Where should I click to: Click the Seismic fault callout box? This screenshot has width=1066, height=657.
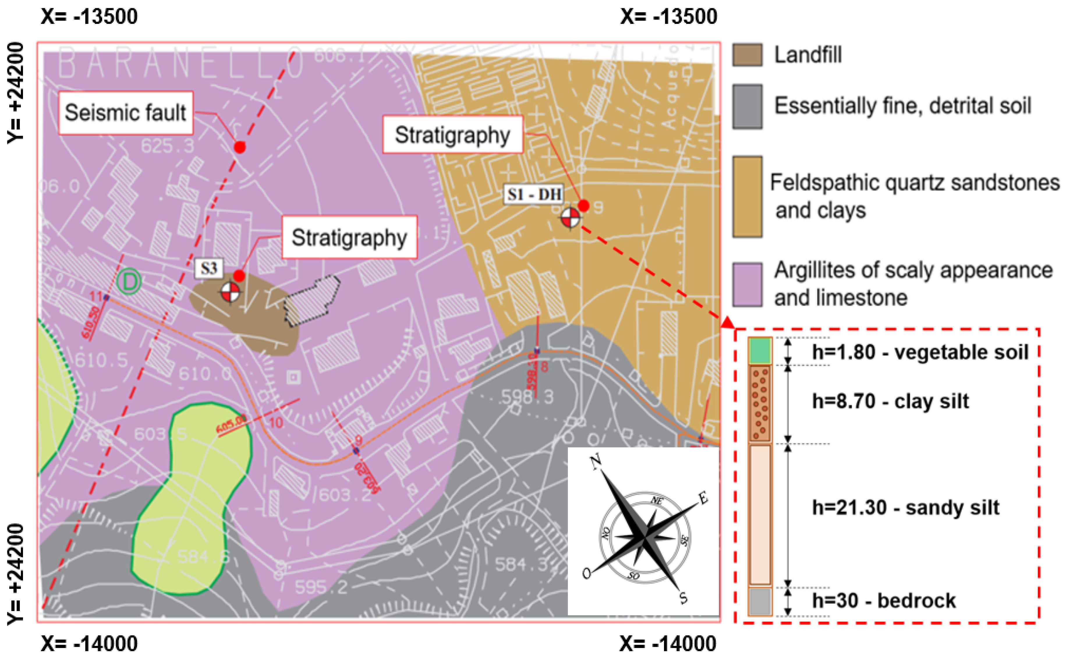tap(125, 113)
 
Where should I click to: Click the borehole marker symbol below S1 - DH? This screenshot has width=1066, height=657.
tap(570, 218)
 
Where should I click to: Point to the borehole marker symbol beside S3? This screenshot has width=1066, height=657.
tap(230, 292)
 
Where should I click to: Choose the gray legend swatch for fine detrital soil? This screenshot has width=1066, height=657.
tap(747, 107)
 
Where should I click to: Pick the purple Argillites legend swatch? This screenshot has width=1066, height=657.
tap(747, 285)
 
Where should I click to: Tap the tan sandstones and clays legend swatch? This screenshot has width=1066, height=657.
tap(747, 196)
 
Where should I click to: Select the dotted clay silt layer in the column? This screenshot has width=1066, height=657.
tap(760, 403)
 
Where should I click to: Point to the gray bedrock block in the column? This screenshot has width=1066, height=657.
tap(760, 601)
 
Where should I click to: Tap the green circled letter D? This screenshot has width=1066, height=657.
tap(129, 281)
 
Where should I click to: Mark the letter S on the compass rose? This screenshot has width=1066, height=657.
tap(683, 598)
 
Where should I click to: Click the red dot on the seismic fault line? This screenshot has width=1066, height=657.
tap(240, 147)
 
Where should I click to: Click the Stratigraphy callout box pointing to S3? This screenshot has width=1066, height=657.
tap(349, 237)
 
